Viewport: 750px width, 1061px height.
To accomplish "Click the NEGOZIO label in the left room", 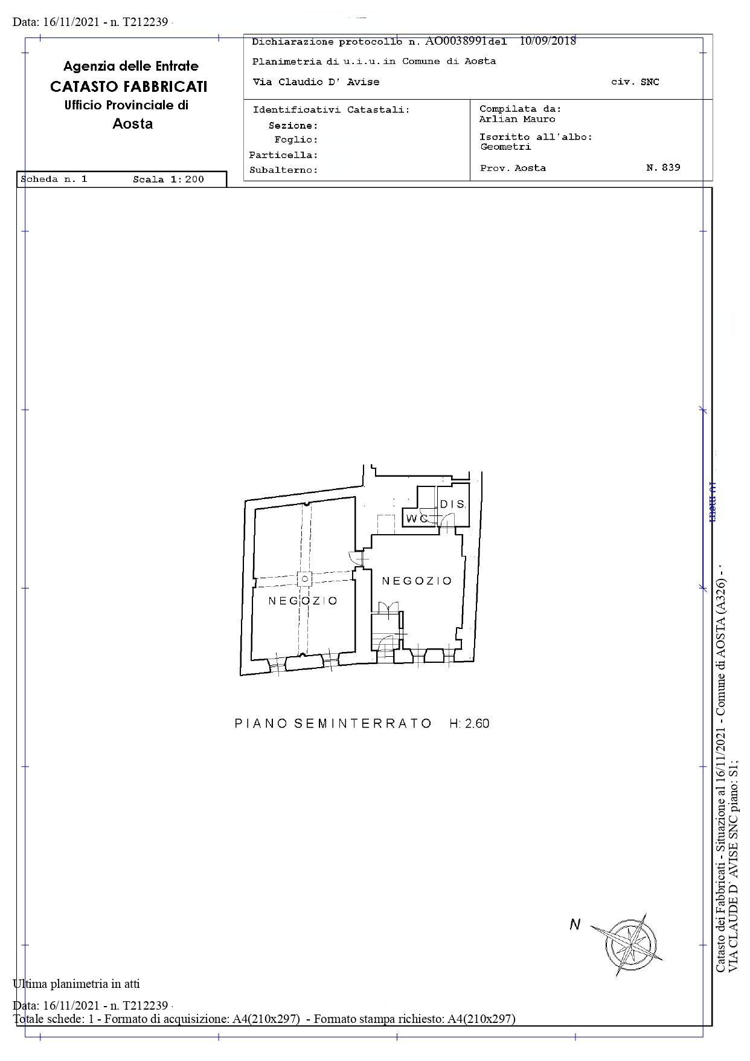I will [303, 601].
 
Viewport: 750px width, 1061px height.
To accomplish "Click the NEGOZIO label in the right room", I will [417, 581].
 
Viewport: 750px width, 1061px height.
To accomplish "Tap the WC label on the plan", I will [416, 518].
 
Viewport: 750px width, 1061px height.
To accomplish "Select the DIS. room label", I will [452, 505].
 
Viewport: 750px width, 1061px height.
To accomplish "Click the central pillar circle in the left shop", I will [305, 579].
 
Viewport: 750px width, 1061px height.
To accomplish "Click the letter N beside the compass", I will [574, 924].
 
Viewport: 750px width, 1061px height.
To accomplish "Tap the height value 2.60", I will [476, 723].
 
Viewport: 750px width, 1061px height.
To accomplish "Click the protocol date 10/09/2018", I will [547, 41].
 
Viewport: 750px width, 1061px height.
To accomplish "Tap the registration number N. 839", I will [663, 167].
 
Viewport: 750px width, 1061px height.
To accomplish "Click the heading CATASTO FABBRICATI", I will [129, 86].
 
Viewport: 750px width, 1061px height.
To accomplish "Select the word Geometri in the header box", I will [505, 147].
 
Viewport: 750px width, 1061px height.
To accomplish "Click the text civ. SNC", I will [635, 82].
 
